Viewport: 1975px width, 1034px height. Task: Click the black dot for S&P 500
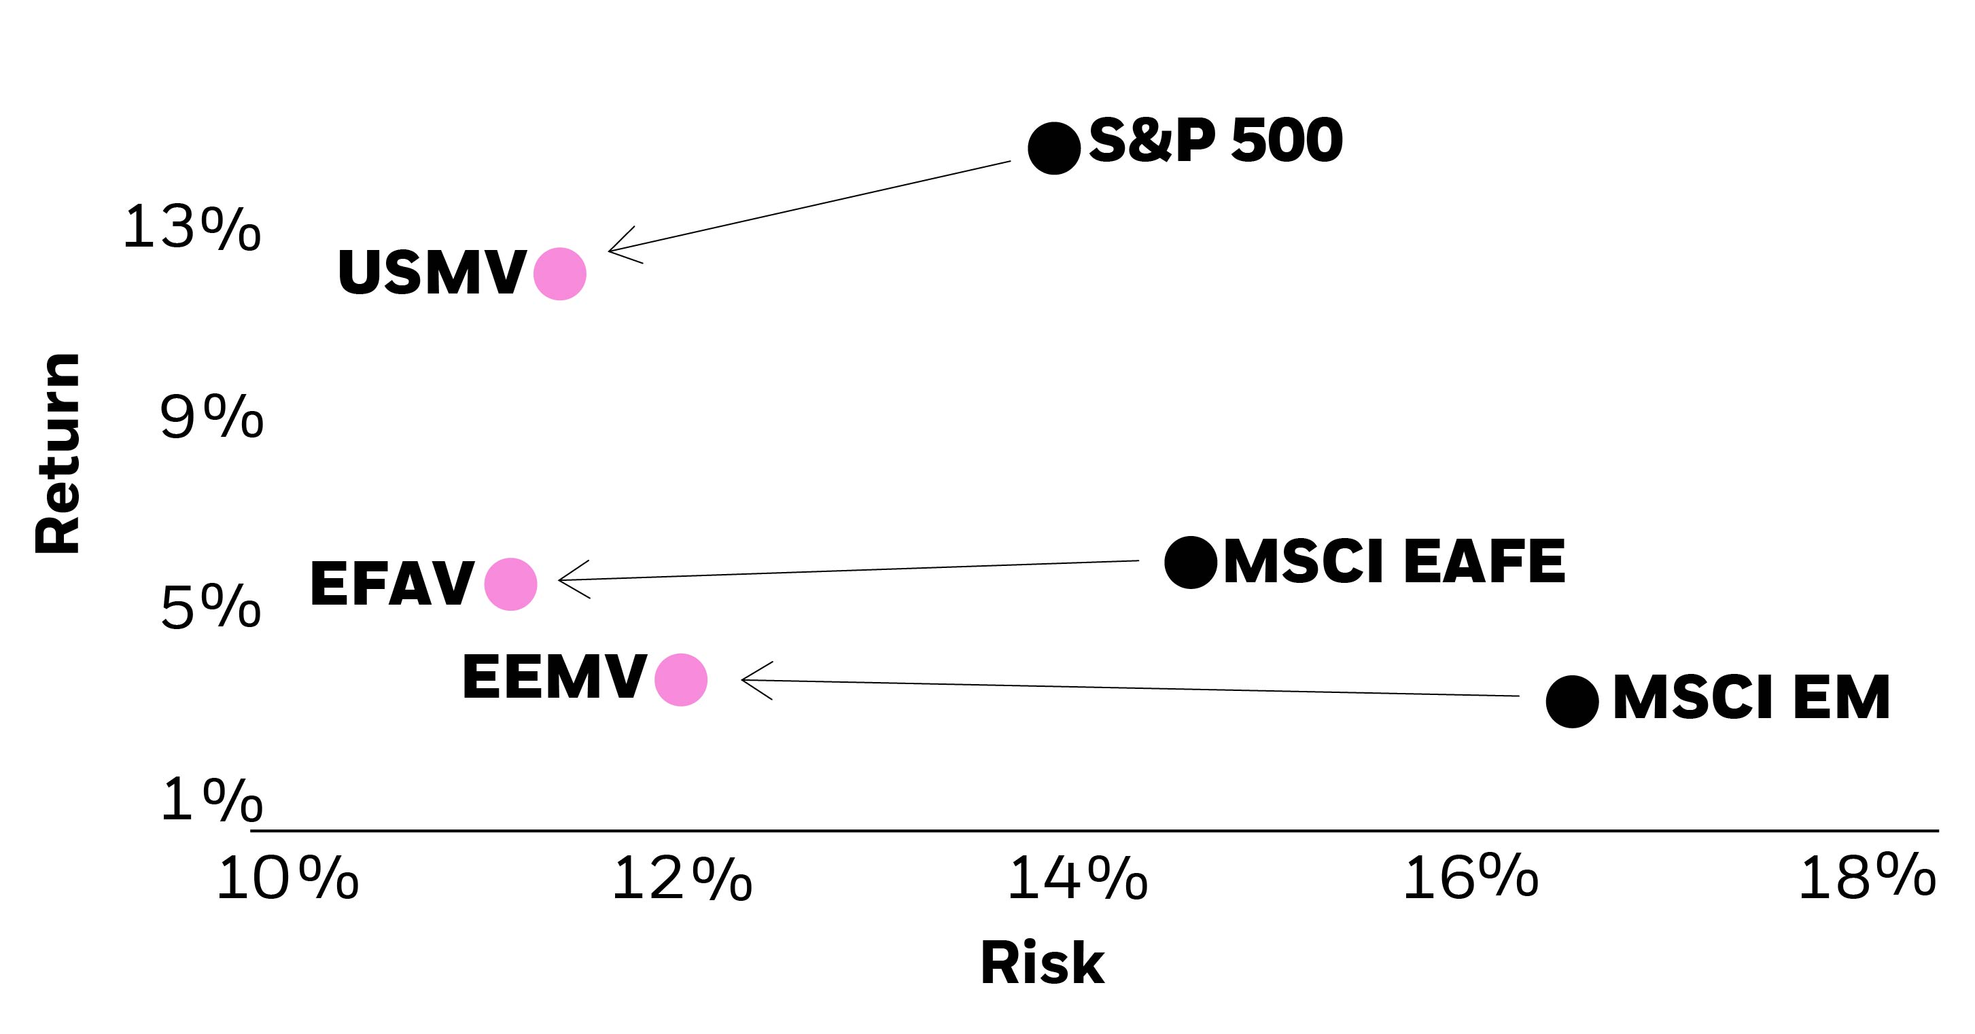(1053, 148)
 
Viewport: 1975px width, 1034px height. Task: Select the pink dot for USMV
(560, 274)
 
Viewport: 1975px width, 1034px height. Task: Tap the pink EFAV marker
(510, 584)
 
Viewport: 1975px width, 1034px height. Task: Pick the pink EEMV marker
(681, 680)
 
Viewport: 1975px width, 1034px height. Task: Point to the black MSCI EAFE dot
(1190, 562)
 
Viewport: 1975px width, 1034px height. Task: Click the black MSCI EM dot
(1572, 701)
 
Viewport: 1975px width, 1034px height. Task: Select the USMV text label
(432, 273)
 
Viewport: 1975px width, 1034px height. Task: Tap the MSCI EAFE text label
(1394, 562)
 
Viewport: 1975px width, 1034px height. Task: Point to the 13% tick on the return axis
(192, 228)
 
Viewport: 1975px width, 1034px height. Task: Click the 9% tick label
(211, 417)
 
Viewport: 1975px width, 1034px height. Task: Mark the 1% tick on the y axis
(211, 800)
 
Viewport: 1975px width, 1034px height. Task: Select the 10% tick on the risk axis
(287, 878)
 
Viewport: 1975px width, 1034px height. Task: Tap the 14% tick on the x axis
(1077, 878)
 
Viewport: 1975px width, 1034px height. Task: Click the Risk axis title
(1042, 963)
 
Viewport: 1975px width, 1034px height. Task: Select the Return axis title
(58, 453)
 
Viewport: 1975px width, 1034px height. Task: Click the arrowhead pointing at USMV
(618, 247)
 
